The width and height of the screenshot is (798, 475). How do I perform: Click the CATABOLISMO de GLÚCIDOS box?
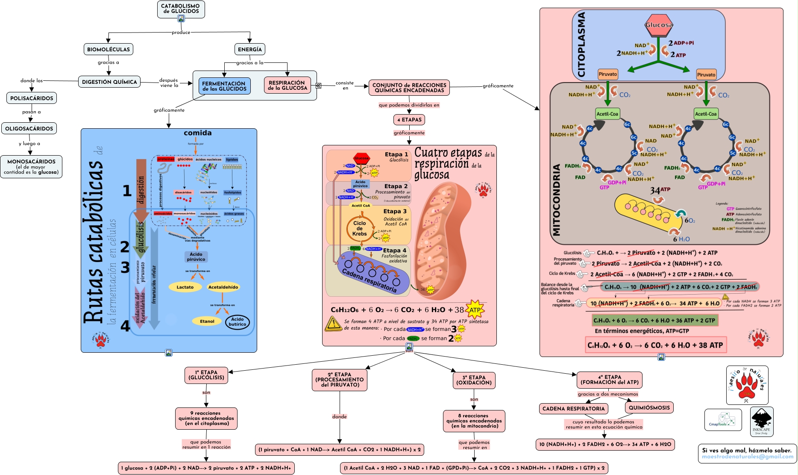pos(181,9)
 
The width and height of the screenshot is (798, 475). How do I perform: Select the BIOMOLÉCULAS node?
pos(108,49)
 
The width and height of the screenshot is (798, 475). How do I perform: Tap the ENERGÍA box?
pos(250,49)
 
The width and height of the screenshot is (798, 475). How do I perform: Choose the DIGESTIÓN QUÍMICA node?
pos(109,82)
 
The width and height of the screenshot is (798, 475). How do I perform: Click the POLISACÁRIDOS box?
pos(32,98)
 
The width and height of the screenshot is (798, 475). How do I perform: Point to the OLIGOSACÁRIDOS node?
pos(29,128)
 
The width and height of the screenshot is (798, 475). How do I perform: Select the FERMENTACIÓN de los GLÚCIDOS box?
pos(224,86)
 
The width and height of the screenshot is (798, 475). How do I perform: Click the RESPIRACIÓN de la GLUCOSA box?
pos(287,85)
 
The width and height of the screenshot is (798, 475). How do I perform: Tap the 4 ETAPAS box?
pos(409,120)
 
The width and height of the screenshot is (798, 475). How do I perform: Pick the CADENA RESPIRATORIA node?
pos(573,408)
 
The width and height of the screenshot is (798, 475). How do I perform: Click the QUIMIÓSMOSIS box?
pos(649,407)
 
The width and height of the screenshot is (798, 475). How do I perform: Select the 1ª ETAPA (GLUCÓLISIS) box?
pos(206,375)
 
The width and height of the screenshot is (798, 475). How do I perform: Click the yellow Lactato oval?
pos(185,287)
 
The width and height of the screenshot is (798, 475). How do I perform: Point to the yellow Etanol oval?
pos(207,321)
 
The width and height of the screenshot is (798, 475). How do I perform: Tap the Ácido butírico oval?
pos(237,322)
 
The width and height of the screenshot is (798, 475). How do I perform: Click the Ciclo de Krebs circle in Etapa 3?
pos(359,229)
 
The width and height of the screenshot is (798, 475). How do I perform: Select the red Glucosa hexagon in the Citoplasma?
pos(659,25)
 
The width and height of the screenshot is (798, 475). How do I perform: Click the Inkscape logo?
pos(761,421)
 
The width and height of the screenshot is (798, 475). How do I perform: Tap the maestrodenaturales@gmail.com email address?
pos(747,457)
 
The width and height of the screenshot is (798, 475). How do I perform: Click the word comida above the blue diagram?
pos(197,133)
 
